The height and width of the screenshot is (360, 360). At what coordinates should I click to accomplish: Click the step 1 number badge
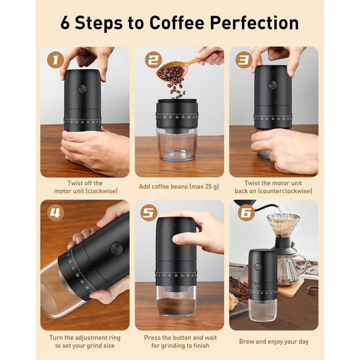(x=56, y=60)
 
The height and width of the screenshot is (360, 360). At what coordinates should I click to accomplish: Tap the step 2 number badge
(x=153, y=60)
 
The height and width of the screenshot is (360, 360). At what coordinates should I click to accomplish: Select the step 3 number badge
(x=244, y=60)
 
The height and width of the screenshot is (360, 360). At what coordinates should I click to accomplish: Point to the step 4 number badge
(x=56, y=213)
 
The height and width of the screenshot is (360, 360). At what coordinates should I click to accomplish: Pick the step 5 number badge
(x=149, y=213)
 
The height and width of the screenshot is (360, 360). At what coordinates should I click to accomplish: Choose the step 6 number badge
(x=246, y=213)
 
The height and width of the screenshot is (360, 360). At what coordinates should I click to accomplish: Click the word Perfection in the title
(x=254, y=23)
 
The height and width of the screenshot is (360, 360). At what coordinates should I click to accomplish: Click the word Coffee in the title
(x=177, y=23)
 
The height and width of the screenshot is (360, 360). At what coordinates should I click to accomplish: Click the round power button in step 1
(x=82, y=88)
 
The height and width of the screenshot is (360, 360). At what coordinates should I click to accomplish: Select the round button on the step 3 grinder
(x=273, y=85)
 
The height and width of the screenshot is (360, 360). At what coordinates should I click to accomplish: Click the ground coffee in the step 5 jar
(x=176, y=307)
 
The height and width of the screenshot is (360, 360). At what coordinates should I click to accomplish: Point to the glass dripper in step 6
(x=283, y=225)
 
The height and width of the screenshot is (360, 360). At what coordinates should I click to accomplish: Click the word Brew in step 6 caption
(x=246, y=341)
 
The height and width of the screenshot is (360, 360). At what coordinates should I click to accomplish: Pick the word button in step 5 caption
(x=183, y=338)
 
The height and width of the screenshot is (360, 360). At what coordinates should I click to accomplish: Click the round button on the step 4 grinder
(x=116, y=248)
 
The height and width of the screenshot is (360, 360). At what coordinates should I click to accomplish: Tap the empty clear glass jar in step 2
(x=177, y=144)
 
